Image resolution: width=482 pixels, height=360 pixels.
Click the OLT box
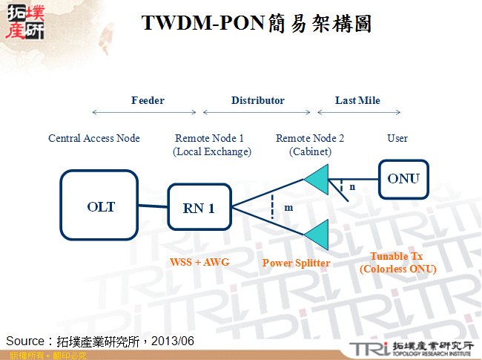[100, 206]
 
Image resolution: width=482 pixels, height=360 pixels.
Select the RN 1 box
[199, 208]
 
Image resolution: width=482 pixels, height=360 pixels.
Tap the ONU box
[403, 178]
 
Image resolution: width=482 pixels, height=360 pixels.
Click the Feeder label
[148, 100]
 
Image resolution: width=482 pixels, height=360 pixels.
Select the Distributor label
[257, 100]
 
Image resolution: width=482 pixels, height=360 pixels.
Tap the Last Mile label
[357, 100]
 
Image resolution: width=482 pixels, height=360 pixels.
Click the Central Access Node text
[94, 138]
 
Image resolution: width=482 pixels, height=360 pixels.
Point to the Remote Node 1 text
[209, 138]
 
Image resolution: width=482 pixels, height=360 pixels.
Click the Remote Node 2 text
[310, 138]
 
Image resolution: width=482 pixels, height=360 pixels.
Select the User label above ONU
[397, 138]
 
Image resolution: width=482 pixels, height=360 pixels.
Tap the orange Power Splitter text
[297, 263]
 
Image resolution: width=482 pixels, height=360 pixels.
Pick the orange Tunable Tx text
[397, 256]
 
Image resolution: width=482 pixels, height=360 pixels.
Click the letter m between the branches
[288, 208]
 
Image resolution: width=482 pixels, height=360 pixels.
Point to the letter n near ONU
[352, 187]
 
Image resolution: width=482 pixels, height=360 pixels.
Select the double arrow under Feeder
[145, 113]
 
